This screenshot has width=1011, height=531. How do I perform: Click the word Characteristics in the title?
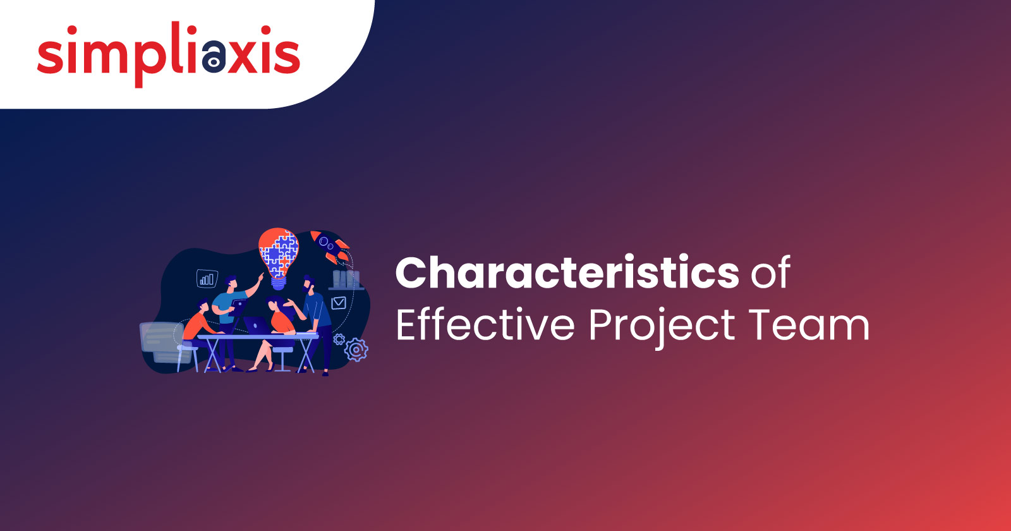pyautogui.click(x=567, y=272)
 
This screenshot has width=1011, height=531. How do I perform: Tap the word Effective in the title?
pyautogui.click(x=485, y=324)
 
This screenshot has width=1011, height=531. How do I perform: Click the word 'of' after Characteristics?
pyautogui.click(x=770, y=272)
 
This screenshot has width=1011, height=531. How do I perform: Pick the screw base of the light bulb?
pyautogui.click(x=279, y=284)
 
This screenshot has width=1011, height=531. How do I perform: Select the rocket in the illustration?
pyautogui.click(x=330, y=247)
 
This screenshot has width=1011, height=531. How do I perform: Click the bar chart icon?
pyautogui.click(x=207, y=279)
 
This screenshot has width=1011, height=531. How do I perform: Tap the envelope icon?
pyautogui.click(x=339, y=303)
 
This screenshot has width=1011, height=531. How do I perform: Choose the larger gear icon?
pyautogui.click(x=356, y=350)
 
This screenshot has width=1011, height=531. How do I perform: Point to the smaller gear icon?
pyautogui.click(x=339, y=339)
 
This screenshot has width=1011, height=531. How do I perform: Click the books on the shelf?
pyautogui.click(x=346, y=279)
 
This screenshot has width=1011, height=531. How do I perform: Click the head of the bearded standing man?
pyautogui.click(x=309, y=284)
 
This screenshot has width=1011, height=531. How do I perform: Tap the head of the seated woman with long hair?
pyautogui.click(x=274, y=303)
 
